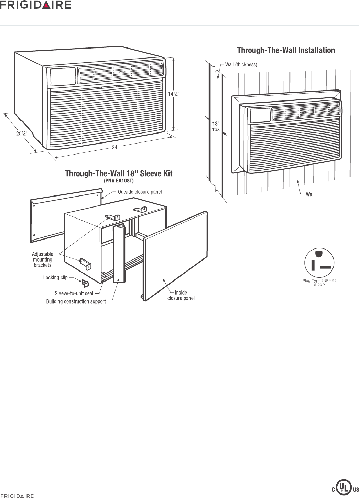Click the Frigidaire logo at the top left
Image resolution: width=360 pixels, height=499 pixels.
(36, 5)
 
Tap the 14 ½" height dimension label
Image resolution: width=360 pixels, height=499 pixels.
(174, 94)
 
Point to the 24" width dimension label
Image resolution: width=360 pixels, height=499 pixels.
(116, 147)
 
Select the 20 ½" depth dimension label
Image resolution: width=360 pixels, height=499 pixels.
(22, 133)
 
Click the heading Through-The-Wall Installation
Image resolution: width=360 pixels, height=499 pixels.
(286, 50)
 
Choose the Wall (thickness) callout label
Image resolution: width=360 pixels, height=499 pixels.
(241, 64)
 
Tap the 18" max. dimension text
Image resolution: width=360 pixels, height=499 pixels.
(216, 126)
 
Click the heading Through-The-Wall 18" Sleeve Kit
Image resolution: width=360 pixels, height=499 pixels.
(119, 173)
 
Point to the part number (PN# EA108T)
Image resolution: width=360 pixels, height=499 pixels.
(119, 180)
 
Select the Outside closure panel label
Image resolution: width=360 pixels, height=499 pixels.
(140, 192)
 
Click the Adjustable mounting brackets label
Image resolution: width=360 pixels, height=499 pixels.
(43, 259)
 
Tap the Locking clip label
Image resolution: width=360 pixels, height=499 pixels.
(55, 277)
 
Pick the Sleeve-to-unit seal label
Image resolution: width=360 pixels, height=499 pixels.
(74, 294)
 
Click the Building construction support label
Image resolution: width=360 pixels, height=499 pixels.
(76, 301)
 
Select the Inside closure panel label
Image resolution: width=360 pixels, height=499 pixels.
(181, 295)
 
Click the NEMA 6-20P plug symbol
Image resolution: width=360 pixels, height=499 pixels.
(319, 262)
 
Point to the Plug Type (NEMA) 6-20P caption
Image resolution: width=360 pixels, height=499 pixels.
(319, 283)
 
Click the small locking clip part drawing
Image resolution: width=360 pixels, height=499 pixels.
(85, 283)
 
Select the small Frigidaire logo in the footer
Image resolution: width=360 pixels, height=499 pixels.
(17, 496)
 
